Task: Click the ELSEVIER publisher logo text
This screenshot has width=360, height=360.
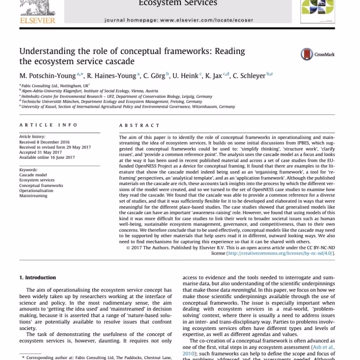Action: [x=37, y=20]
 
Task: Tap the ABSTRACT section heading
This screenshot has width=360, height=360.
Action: [x=139, y=126]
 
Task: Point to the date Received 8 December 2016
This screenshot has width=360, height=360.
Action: [x=44, y=142]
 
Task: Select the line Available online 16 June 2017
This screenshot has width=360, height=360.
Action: [x=47, y=157]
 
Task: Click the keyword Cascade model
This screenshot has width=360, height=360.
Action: [x=33, y=175]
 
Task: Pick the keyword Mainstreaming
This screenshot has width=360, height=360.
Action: [x=33, y=196]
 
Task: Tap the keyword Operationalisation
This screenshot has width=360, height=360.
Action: [x=36, y=191]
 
